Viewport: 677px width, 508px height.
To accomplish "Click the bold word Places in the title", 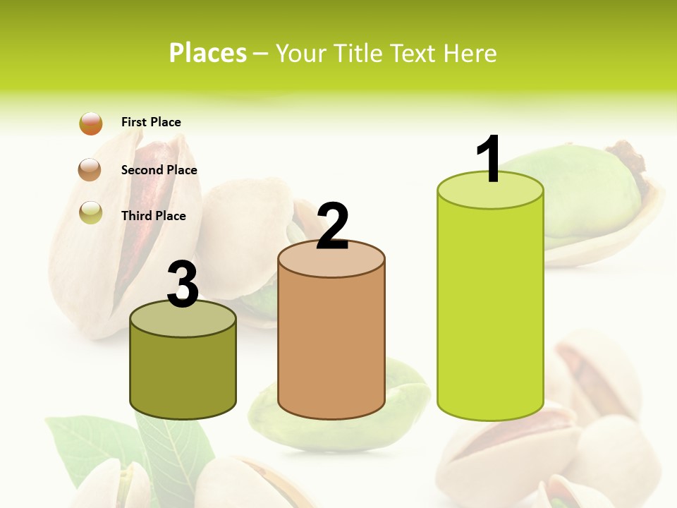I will tap(208, 53).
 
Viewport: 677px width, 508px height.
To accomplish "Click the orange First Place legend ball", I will tap(91, 123).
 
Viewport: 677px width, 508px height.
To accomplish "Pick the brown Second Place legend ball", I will tap(91, 170).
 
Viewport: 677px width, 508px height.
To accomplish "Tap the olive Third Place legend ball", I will tap(91, 212).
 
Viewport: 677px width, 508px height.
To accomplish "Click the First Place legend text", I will tap(151, 122).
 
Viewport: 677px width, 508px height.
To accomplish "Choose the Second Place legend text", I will tap(159, 170).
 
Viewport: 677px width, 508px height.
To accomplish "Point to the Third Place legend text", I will tap(153, 216).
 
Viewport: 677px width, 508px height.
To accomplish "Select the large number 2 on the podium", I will tap(333, 226).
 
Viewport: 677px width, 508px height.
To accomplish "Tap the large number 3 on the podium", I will tap(183, 284).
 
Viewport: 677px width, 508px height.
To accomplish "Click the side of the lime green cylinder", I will tap(490, 310).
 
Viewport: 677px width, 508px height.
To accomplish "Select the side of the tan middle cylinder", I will tap(331, 346).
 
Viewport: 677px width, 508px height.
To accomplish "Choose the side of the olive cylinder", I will tap(183, 374).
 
